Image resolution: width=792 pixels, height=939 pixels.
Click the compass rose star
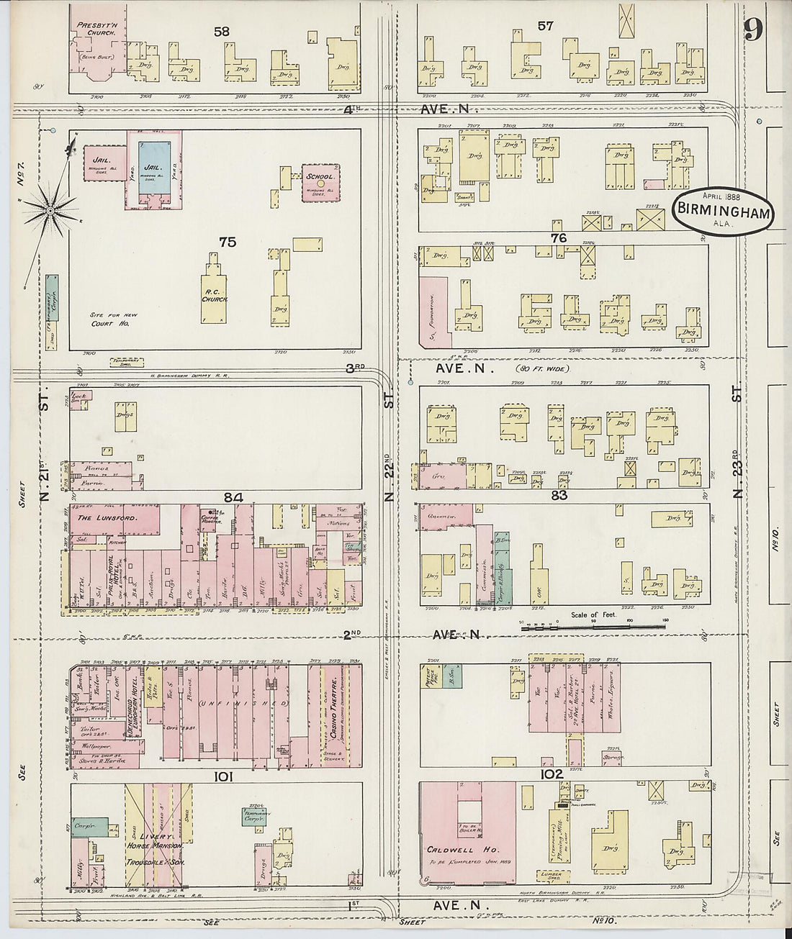click(x=50, y=209)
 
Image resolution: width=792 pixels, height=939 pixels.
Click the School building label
click(x=320, y=177)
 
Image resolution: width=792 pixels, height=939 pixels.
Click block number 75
click(x=228, y=242)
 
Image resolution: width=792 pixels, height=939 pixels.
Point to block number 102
click(x=551, y=774)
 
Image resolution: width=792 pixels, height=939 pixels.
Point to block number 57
click(x=545, y=26)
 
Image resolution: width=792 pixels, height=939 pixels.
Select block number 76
click(x=559, y=238)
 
